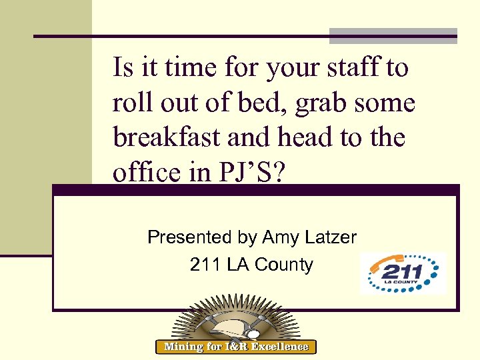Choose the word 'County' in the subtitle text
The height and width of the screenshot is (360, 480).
pyautogui.click(x=284, y=265)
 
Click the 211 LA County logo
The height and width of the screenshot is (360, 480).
pyautogui.click(x=403, y=272)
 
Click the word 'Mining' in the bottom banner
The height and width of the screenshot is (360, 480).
pyautogui.click(x=184, y=346)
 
